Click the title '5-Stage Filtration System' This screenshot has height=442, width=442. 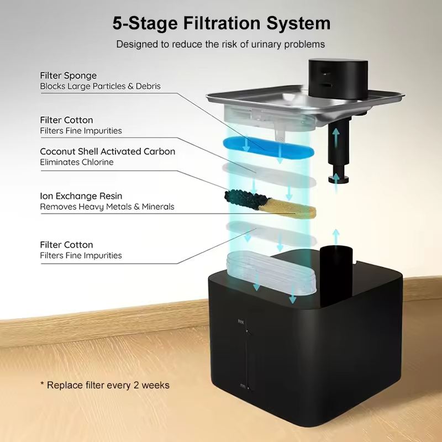click(x=221, y=23)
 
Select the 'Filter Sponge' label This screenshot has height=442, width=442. click(x=68, y=75)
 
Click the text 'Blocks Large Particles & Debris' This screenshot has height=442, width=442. click(x=100, y=86)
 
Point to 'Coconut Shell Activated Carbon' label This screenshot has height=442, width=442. click(x=107, y=151)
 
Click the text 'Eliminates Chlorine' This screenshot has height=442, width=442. click(x=76, y=162)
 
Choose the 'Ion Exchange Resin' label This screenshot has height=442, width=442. click(x=81, y=196)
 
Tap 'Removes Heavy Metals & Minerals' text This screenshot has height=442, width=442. click(x=107, y=207)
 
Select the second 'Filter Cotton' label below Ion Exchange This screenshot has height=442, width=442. click(x=66, y=245)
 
